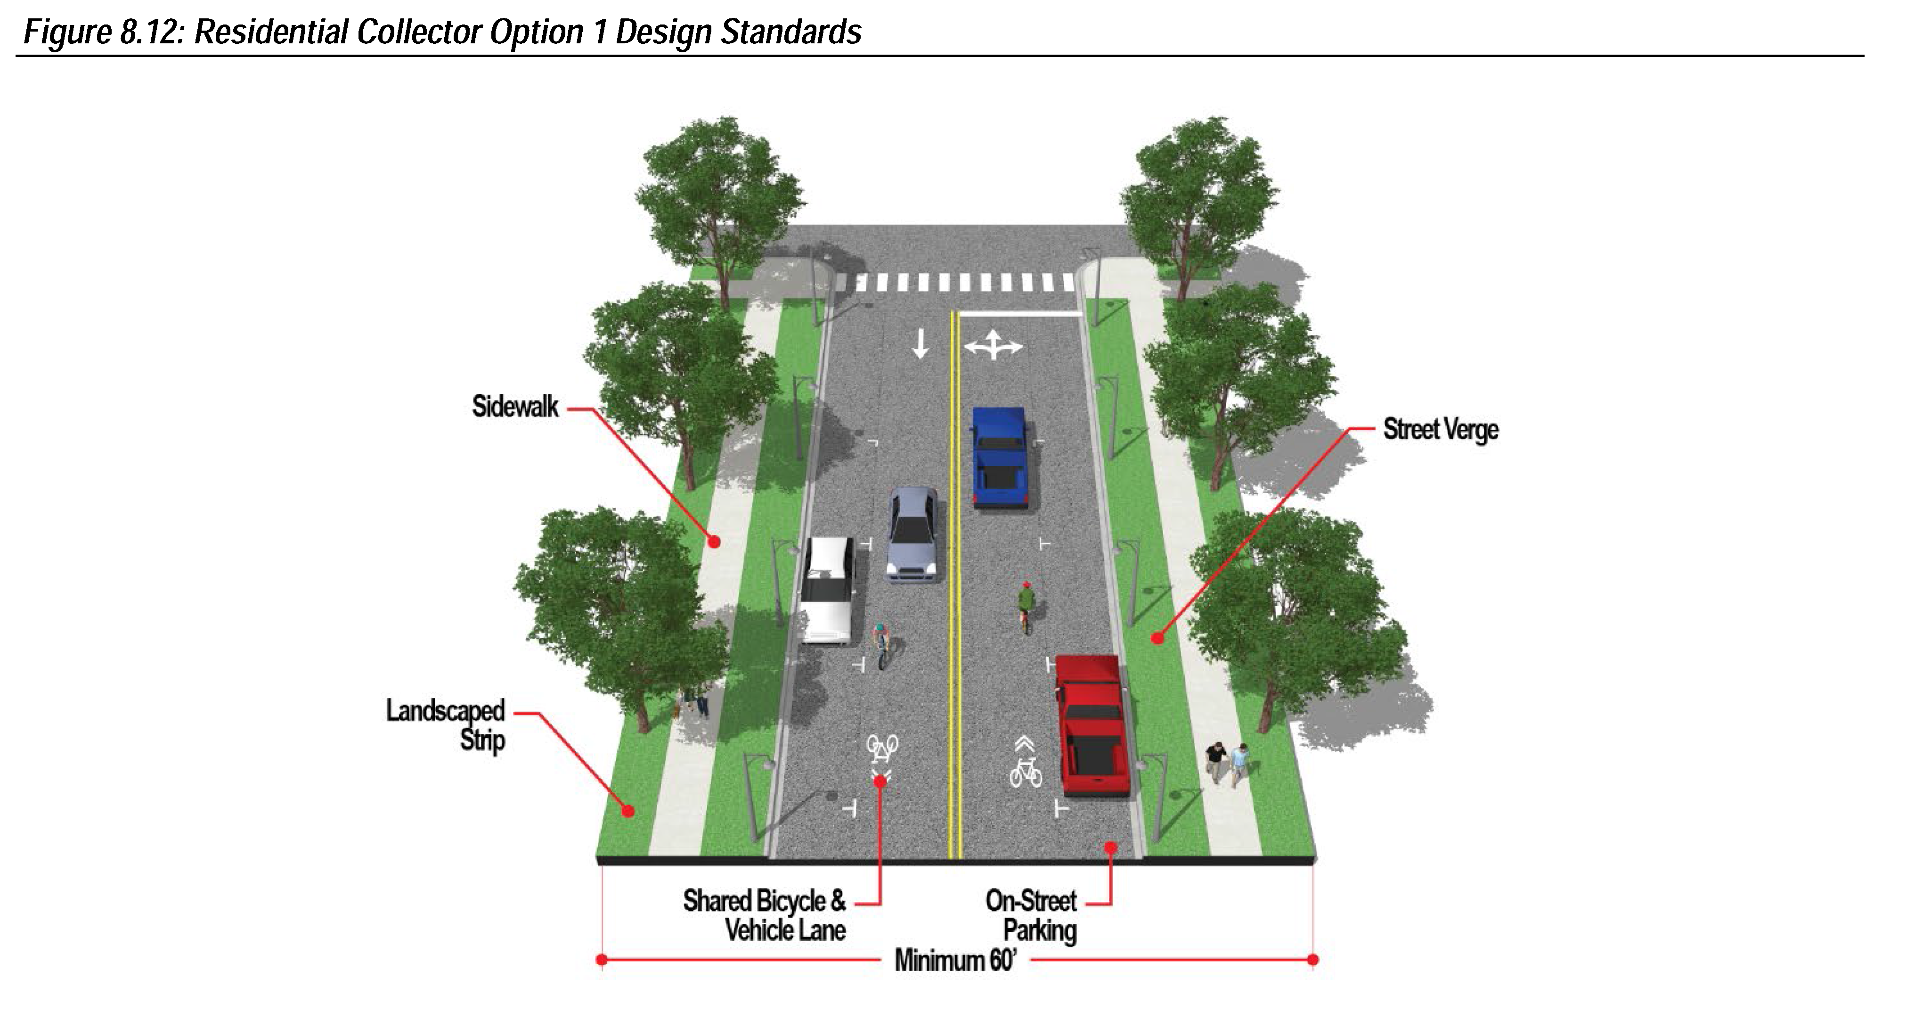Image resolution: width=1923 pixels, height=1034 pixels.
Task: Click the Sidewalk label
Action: tap(515, 407)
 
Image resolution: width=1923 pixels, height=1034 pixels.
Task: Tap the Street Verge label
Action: tap(1440, 430)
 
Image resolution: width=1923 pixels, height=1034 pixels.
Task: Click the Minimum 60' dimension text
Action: tap(955, 960)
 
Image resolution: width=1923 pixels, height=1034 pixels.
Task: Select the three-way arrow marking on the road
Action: tap(993, 346)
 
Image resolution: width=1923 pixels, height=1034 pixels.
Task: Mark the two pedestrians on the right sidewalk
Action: tap(1227, 763)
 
